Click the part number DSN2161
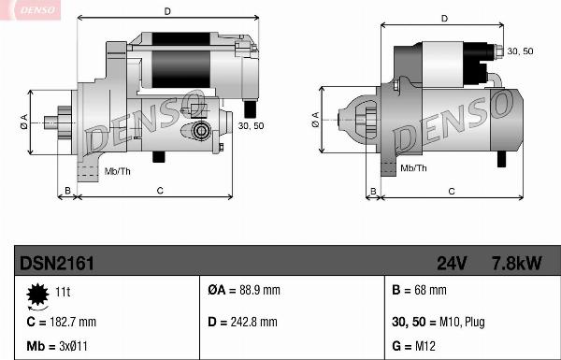57,264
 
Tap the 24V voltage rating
452,264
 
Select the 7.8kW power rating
517,264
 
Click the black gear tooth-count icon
37,295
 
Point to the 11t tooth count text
63,292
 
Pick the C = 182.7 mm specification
61,322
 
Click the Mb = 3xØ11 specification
57,346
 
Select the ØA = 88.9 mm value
244,290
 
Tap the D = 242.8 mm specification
242,322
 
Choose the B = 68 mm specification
419,290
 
